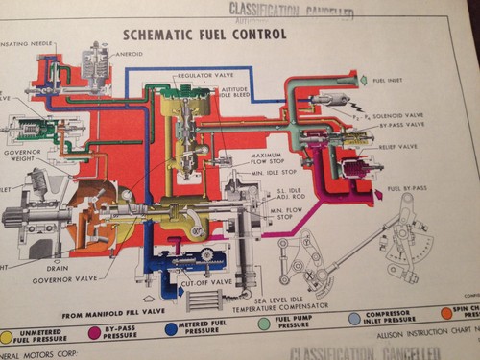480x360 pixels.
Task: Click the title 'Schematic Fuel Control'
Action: (204, 34)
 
